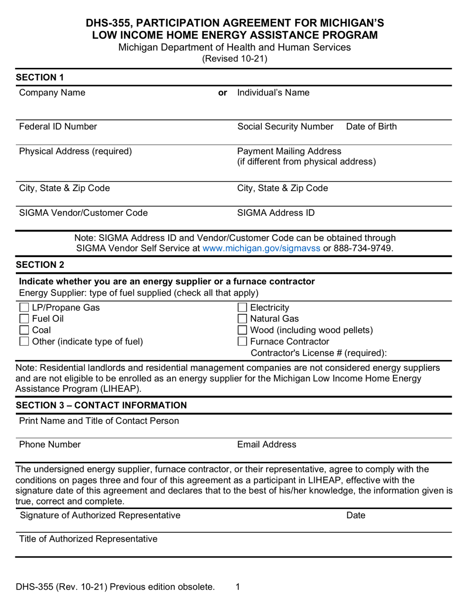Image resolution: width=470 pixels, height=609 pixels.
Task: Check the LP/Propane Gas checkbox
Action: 24,307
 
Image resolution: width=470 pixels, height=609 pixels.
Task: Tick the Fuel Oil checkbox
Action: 24,319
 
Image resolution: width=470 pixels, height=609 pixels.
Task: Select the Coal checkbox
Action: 24,330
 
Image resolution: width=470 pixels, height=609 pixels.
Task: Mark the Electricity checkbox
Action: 243,307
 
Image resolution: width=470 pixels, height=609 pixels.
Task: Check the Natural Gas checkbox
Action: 243,319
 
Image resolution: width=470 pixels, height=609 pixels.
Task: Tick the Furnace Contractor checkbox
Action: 243,342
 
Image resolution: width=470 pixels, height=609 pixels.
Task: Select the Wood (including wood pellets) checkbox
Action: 243,330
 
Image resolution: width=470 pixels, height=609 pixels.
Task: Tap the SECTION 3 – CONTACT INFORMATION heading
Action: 101,406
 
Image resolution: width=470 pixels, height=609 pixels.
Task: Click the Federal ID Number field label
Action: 58,127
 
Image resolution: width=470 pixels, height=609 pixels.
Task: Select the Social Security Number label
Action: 285,127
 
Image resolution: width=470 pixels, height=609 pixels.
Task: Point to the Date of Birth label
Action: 371,127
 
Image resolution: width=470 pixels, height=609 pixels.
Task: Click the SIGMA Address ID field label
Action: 276,213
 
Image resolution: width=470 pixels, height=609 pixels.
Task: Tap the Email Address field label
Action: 267,445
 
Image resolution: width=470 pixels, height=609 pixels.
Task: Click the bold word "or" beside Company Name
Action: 223,93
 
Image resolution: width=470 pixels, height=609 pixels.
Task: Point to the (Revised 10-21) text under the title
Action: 235,58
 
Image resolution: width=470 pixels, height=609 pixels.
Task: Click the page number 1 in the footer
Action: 238,587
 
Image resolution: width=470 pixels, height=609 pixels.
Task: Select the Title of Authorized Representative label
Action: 88,539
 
